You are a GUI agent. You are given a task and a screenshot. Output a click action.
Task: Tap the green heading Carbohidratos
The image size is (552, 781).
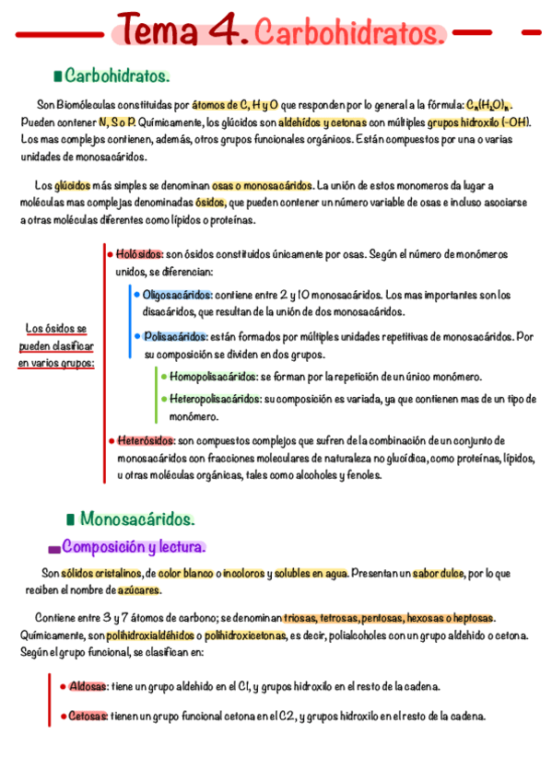pyautogui.click(x=117, y=75)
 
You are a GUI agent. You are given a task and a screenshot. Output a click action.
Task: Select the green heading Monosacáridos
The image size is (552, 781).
pyautogui.click(x=137, y=519)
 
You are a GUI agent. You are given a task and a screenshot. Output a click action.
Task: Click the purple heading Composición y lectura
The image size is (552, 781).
pyautogui.click(x=134, y=546)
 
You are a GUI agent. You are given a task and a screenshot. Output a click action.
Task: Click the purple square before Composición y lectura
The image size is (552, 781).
pyautogui.click(x=53, y=549)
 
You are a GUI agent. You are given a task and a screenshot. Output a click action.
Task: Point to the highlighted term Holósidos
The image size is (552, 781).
pyautogui.click(x=140, y=253)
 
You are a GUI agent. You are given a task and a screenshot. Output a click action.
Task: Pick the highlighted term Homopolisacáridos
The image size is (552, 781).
pyautogui.click(x=214, y=377)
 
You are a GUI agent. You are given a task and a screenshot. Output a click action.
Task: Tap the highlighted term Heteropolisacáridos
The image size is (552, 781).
pyautogui.click(x=216, y=399)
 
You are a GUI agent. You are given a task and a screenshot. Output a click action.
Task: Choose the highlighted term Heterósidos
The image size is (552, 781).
pyautogui.click(x=146, y=441)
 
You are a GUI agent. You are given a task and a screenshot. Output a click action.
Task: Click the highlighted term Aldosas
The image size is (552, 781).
pyautogui.click(x=88, y=686)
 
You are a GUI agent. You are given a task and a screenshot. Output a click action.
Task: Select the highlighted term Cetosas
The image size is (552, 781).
pyautogui.click(x=88, y=716)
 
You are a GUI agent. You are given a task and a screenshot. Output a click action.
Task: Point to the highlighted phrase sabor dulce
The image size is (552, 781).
pyautogui.click(x=437, y=574)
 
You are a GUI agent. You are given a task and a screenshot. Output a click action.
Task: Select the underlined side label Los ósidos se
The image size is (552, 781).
pyautogui.click(x=56, y=328)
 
